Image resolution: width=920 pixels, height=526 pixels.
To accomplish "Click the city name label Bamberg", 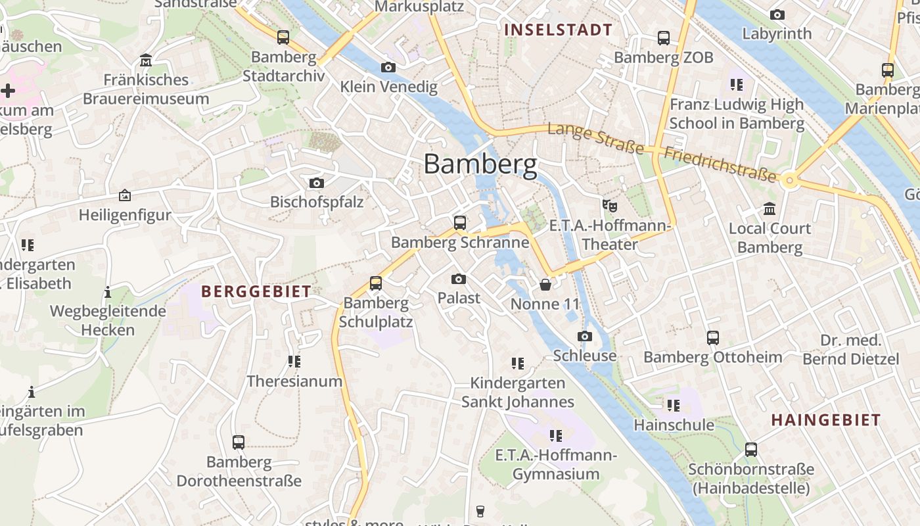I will pyautogui.click(x=480, y=164).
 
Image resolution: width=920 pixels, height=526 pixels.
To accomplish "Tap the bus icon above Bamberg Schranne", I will pyautogui.click(x=460, y=222).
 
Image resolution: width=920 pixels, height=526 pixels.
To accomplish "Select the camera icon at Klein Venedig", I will pyautogui.click(x=388, y=67).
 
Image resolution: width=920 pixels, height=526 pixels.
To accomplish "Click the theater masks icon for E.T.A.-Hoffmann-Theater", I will pyautogui.click(x=610, y=206).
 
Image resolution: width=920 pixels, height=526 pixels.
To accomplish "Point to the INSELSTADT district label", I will pyautogui.click(x=558, y=30).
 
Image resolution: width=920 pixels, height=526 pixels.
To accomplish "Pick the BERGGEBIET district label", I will pyautogui.click(x=256, y=292).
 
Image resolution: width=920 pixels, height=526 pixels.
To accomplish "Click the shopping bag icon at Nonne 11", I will pyautogui.click(x=545, y=285).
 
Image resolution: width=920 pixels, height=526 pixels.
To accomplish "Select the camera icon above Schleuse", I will pyautogui.click(x=584, y=336).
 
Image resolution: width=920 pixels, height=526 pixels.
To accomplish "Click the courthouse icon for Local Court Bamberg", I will pyautogui.click(x=770, y=209).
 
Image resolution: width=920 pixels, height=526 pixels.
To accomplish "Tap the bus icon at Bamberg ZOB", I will pyautogui.click(x=664, y=38).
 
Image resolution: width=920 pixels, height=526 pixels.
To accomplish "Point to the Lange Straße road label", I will pyautogui.click(x=595, y=139).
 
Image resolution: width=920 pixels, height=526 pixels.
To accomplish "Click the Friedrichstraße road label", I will pyautogui.click(x=720, y=164).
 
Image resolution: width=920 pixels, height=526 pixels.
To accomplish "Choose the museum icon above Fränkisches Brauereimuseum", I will pyautogui.click(x=146, y=60).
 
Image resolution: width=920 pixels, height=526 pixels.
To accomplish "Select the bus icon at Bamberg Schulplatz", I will pyautogui.click(x=376, y=283).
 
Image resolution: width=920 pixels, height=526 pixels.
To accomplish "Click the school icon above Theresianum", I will pyautogui.click(x=294, y=361).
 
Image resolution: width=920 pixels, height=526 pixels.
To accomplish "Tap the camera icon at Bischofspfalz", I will pyautogui.click(x=317, y=183).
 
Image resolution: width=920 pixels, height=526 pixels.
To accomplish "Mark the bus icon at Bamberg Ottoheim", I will pyautogui.click(x=713, y=338).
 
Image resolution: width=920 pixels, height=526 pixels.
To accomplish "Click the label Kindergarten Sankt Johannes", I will pyautogui.click(x=517, y=393).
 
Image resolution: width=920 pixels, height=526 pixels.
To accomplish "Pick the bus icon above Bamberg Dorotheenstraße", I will pyautogui.click(x=239, y=442).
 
